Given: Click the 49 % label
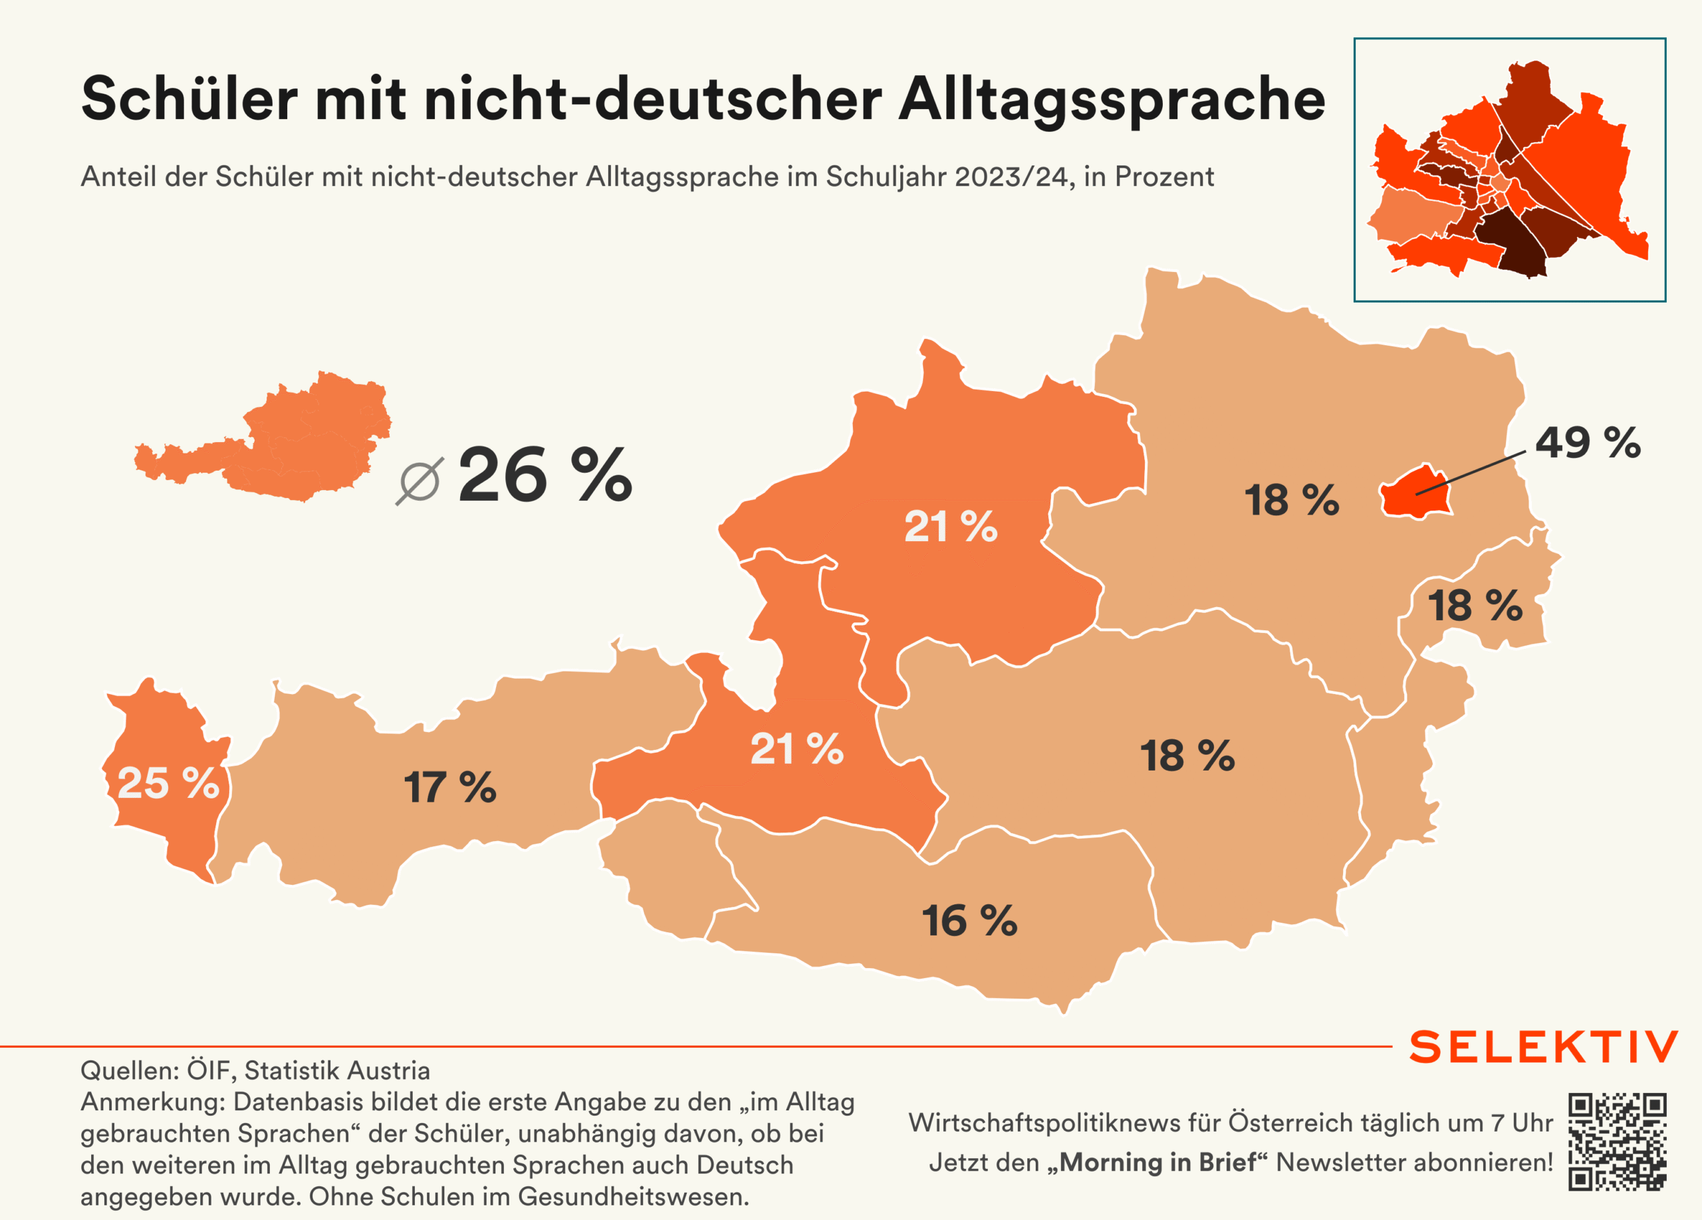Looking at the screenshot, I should (x=1587, y=443).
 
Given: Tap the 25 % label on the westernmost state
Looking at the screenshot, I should (x=168, y=783).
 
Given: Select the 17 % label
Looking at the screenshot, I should (x=449, y=788).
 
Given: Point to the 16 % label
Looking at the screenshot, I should (x=969, y=921).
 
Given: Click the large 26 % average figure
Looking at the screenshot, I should (x=545, y=475).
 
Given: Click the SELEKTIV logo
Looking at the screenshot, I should (x=1543, y=1047).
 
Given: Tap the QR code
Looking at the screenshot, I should (x=1617, y=1142).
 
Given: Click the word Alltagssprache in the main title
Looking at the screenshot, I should (x=1112, y=99).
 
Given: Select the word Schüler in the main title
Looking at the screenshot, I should (x=189, y=99).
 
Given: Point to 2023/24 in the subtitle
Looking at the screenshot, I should (x=1011, y=177).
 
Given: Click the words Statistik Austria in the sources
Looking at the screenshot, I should (x=337, y=1070).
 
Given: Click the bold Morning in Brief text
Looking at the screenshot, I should (x=1157, y=1162).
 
